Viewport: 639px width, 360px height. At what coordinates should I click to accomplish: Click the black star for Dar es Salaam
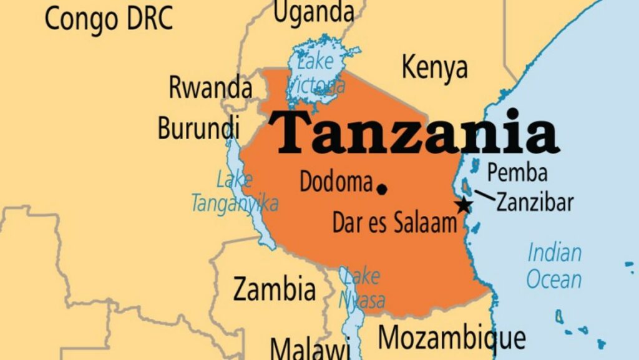click(463, 205)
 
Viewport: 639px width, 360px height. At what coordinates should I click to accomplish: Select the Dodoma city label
click(336, 182)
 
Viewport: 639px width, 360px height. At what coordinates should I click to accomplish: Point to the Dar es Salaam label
click(394, 223)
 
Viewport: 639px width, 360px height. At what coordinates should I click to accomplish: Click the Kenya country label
click(434, 67)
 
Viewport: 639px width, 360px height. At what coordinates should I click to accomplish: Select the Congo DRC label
click(108, 19)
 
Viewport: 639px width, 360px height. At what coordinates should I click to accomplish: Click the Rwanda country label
click(210, 89)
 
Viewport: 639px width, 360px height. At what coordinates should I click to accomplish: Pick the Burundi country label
click(198, 128)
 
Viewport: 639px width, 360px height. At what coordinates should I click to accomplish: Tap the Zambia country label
click(274, 289)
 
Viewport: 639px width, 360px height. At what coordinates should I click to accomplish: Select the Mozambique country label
click(452, 339)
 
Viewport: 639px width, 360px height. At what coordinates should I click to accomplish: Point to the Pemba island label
click(517, 172)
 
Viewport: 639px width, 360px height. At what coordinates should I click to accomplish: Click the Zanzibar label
click(535, 203)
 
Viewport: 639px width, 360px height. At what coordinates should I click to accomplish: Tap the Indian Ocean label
click(554, 266)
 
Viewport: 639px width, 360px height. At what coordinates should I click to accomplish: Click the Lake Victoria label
click(316, 74)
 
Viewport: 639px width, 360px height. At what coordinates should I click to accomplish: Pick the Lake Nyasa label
click(362, 288)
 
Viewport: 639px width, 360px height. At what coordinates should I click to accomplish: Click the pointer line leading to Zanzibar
click(485, 196)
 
